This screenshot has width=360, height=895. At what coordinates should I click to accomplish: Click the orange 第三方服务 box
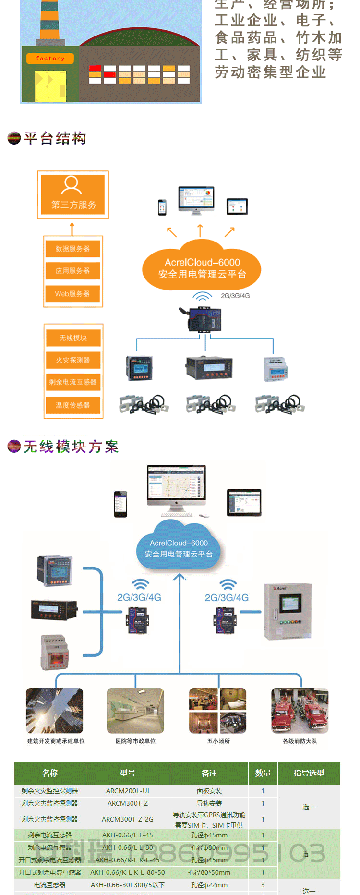[x=73, y=195]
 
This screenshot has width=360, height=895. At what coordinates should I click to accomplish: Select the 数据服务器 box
[x=72, y=249]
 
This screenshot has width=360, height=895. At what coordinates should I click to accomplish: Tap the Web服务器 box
[x=72, y=293]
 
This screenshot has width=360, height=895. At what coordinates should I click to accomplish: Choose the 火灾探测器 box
[x=73, y=360]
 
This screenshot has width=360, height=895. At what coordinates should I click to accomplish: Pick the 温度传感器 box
[x=73, y=405]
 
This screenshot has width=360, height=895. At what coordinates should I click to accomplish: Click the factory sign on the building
[x=50, y=59]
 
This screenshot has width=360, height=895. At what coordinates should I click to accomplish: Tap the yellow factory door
[x=50, y=86]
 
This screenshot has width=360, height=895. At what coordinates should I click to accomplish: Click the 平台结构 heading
[x=55, y=139]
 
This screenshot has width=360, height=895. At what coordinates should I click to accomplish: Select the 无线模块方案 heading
[x=71, y=447]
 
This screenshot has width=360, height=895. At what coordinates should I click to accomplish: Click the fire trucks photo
[x=300, y=711]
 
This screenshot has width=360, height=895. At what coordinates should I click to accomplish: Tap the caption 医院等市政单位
[x=135, y=741]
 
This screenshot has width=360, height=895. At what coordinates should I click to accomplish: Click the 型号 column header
[x=128, y=773]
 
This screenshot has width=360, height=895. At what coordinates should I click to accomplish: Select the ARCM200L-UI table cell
[x=128, y=791]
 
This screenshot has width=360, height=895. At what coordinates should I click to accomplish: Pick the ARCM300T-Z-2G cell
[x=128, y=819]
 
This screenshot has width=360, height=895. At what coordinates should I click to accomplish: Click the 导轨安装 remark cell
[x=209, y=803]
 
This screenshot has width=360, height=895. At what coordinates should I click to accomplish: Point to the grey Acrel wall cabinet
[x=288, y=611]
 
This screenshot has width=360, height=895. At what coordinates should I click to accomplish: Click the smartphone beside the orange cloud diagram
[x=162, y=207]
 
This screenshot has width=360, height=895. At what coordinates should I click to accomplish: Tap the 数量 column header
[x=263, y=773]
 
